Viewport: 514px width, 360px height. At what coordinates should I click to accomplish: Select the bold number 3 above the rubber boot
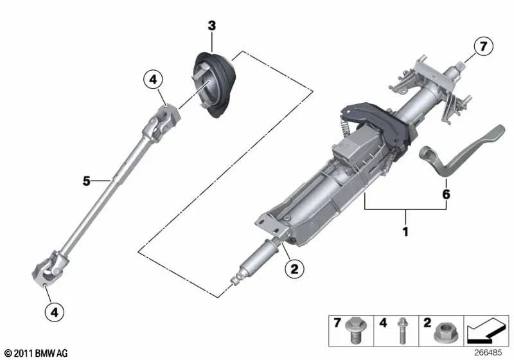pos(211,26)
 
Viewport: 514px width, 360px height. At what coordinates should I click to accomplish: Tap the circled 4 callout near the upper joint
pos(153,80)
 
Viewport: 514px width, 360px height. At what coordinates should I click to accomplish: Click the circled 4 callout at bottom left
pos(55,312)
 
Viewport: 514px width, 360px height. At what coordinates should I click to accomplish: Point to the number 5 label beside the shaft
pos(86,181)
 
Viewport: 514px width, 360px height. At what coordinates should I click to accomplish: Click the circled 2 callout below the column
pos(294,270)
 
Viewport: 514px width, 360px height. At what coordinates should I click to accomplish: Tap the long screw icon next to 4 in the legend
pos(402,329)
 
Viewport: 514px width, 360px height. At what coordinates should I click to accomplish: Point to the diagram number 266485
pos(488,352)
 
